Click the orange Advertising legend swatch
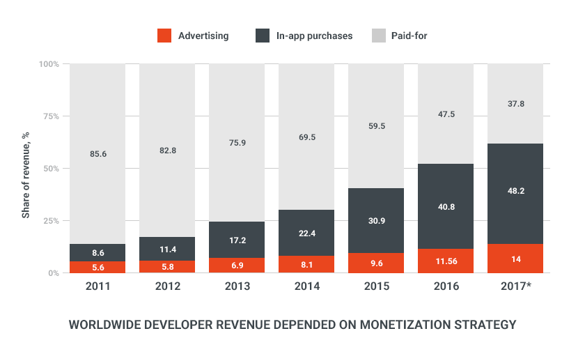pos(164,35)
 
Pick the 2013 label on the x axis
pos(237,286)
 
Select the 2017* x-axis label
pos(516,286)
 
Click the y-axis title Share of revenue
pos(26,168)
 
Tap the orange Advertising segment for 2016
pos(446,261)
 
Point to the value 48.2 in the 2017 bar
pos(515,188)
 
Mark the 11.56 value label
pos(446,261)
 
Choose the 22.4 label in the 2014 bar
pos(306,233)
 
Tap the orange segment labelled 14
pos(515,259)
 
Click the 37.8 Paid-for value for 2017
pos(515,103)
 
